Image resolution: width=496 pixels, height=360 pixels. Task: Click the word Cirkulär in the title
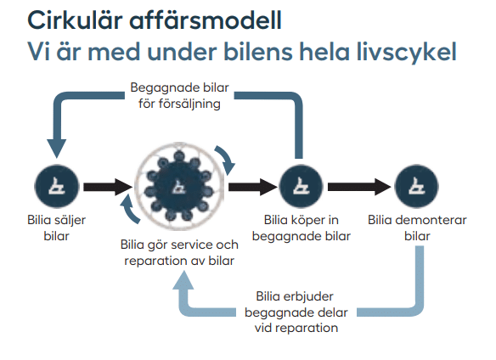point(75,20)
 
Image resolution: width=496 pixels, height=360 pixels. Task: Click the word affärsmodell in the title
point(206,20)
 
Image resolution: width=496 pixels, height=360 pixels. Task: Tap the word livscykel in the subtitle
point(407,51)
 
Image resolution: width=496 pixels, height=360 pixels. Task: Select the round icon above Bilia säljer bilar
point(57,186)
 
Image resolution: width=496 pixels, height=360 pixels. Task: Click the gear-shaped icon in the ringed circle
point(179,187)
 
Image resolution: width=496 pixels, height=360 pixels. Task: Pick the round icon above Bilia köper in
point(301,186)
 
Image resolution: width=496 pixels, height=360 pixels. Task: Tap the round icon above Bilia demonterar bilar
point(417,186)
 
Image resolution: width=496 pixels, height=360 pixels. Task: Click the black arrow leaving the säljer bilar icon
point(108,187)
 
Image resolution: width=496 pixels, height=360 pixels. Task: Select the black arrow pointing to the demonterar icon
point(359,187)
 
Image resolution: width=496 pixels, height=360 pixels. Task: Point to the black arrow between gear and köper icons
point(253,187)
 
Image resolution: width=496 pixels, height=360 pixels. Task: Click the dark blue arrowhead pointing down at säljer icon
point(57,149)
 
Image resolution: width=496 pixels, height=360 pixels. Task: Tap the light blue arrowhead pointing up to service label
point(183,280)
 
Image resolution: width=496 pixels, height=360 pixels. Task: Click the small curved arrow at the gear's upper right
point(227,160)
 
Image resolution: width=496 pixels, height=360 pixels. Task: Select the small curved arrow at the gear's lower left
point(130,210)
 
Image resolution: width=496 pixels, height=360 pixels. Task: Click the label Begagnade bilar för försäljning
point(179,96)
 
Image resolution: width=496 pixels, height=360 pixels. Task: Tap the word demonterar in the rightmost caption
point(431,220)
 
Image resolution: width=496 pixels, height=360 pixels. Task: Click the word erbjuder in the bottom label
point(308,296)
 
